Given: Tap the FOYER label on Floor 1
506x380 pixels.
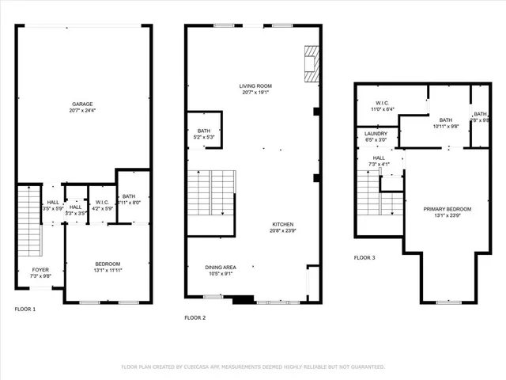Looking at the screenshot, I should click(x=40, y=272).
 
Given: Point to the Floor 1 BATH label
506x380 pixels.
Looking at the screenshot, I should click(x=129, y=198).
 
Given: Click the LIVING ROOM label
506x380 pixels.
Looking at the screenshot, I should click(x=256, y=88).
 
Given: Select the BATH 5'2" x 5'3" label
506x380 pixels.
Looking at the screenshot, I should click(x=204, y=134).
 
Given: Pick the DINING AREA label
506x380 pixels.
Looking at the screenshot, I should click(x=221, y=271).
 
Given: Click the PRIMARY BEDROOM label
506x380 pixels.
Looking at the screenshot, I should click(x=447, y=212).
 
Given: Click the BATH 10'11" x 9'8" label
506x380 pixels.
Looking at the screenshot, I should click(x=446, y=123).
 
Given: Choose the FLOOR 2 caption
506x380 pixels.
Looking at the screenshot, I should click(x=194, y=317).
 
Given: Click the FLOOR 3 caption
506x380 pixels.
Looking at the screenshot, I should click(x=364, y=258).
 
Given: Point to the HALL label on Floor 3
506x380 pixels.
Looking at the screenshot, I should click(x=379, y=161).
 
